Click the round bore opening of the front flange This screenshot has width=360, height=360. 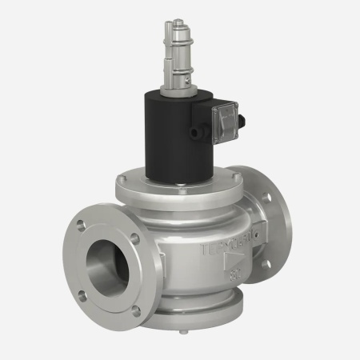tap(103, 261)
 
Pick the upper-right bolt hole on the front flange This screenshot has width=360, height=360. tap(134, 238)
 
